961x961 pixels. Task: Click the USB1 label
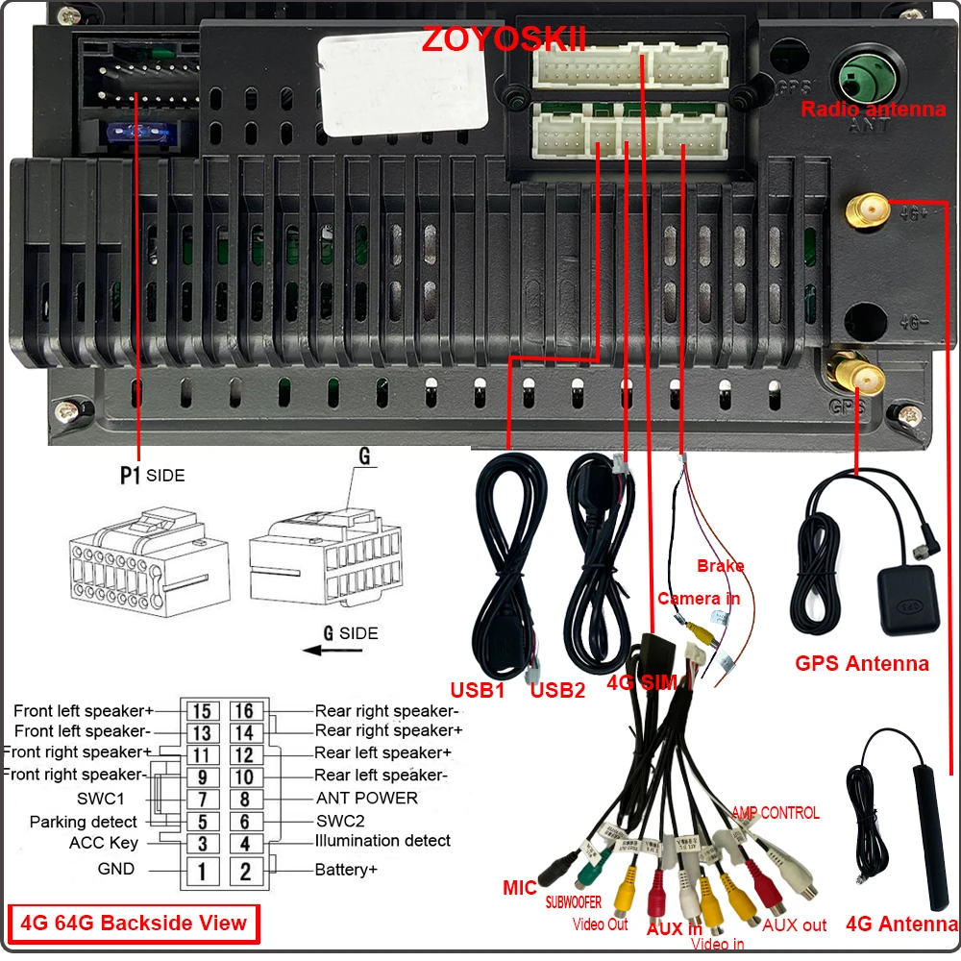[478, 690]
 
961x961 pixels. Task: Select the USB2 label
[558, 690]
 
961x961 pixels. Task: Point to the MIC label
[520, 888]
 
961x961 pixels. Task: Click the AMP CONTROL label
[776, 813]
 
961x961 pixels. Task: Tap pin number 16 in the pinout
[245, 711]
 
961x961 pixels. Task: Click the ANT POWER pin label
[367, 798]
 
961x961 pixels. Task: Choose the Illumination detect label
[382, 841]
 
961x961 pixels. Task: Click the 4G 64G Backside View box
[134, 924]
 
